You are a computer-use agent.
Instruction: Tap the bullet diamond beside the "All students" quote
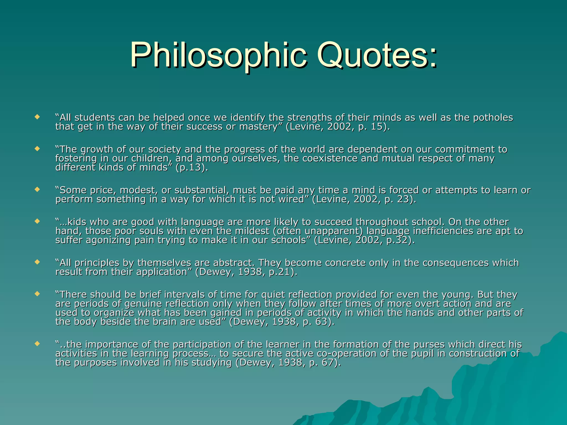[37, 117]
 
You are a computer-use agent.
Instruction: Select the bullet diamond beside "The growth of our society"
[37, 149]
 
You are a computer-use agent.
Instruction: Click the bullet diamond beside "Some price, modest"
[37, 190]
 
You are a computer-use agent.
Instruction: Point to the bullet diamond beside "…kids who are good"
[37, 221]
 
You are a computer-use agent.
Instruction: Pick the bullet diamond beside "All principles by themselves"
[37, 262]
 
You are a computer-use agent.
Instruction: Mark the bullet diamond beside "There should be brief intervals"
[37, 294]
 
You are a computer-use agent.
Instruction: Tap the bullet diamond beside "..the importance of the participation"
[37, 344]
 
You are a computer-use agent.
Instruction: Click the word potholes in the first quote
[493, 118]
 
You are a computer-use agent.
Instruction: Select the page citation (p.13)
[191, 168]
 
